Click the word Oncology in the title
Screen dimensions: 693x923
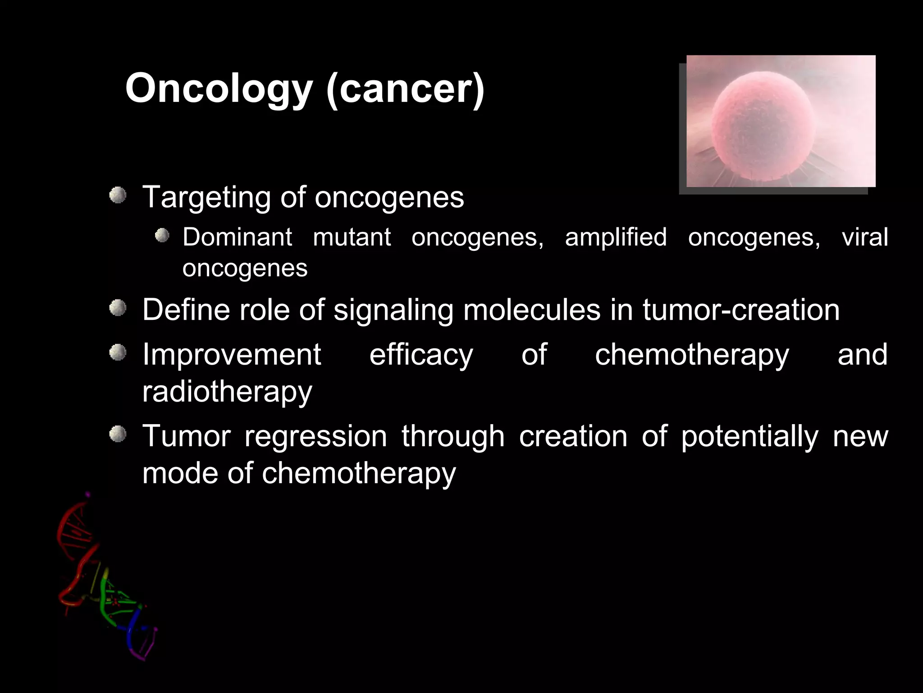(x=219, y=88)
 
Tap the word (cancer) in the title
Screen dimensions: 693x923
(x=405, y=88)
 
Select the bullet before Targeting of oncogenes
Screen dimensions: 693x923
(x=118, y=196)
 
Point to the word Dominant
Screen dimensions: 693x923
(x=237, y=237)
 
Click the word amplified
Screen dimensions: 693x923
(x=616, y=237)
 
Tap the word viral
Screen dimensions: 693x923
(x=864, y=237)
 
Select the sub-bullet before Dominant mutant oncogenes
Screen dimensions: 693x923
(x=162, y=236)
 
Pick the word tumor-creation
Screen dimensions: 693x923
(x=741, y=310)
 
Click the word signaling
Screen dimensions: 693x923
(x=393, y=311)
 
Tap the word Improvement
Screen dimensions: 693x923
(x=231, y=355)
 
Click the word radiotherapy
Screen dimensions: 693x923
(x=227, y=392)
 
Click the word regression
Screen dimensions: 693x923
(x=315, y=437)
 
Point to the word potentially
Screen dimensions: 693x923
(x=749, y=437)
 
